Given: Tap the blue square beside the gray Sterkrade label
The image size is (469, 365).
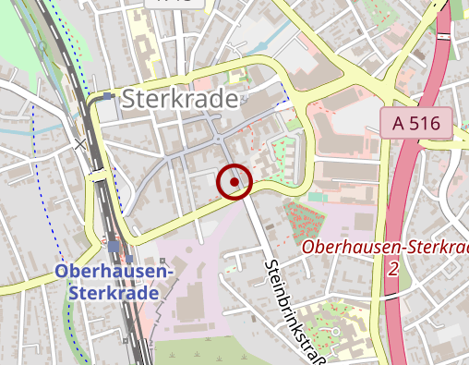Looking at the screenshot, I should click(109, 95).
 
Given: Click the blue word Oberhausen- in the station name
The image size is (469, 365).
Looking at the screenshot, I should click(114, 272).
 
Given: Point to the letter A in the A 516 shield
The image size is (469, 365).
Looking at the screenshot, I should click(398, 123).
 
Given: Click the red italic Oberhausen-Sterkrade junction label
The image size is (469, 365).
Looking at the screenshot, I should click(384, 248).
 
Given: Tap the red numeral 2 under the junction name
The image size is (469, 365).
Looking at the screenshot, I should click(393, 268).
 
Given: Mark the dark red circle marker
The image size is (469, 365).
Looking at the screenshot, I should click(234, 182).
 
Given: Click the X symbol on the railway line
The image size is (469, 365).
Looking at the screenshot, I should click(81, 143).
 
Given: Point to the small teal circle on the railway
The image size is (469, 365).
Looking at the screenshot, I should click(42, 45).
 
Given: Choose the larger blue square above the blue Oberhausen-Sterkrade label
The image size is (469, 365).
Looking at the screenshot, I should click(114, 247).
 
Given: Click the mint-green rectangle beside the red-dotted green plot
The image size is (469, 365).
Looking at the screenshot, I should click(318, 197).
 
